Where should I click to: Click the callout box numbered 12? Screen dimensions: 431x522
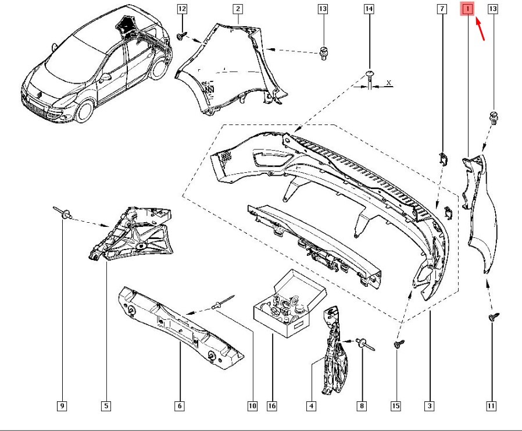tap(182, 9)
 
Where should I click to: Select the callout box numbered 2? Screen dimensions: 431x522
tap(238, 9)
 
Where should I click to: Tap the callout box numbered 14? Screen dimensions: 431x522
tap(369, 9)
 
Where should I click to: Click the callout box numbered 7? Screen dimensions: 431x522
tap(442, 9)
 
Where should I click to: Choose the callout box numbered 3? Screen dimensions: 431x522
tap(430, 406)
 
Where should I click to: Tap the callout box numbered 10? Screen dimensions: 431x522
tap(252, 406)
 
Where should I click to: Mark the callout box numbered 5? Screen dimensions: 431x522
tap(106, 406)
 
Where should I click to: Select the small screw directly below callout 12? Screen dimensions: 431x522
tap(182, 37)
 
